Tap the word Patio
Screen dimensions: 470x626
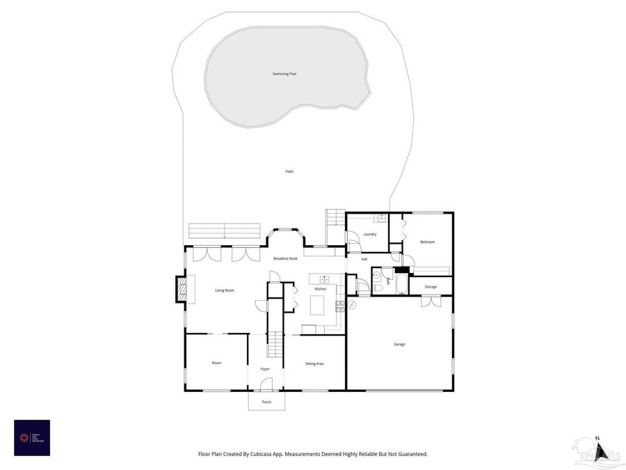click(289, 171)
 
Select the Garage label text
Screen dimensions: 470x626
click(399, 344)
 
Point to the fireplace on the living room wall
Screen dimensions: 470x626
click(181, 290)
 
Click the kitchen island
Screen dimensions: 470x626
click(318, 305)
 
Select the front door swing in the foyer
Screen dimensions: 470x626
click(266, 384)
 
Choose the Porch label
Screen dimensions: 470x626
click(266, 402)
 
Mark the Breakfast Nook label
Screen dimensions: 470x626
click(286, 258)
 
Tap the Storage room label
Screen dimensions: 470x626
click(431, 287)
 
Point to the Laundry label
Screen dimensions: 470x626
click(370, 234)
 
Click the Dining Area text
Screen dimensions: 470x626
click(314, 363)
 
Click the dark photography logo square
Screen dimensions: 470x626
click(32, 437)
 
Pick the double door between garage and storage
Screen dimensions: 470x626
click(430, 301)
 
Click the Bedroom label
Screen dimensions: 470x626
click(427, 242)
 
